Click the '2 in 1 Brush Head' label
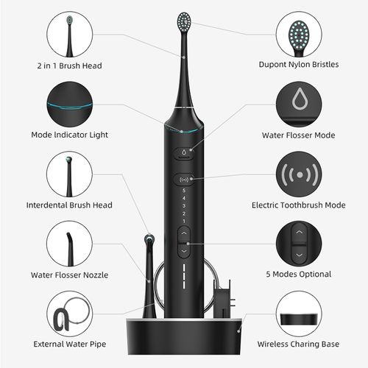coord(69,66)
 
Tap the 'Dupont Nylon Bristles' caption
coord(298,65)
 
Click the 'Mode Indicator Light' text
coord(69,135)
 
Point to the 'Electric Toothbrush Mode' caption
coord(298,205)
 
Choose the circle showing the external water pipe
coord(69,314)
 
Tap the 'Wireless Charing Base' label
coord(298,344)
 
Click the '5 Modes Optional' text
coord(298,275)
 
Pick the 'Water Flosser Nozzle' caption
coord(69,275)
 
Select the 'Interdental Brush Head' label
coord(69,205)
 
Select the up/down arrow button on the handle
coord(183,241)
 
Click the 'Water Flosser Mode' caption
coord(298,135)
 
